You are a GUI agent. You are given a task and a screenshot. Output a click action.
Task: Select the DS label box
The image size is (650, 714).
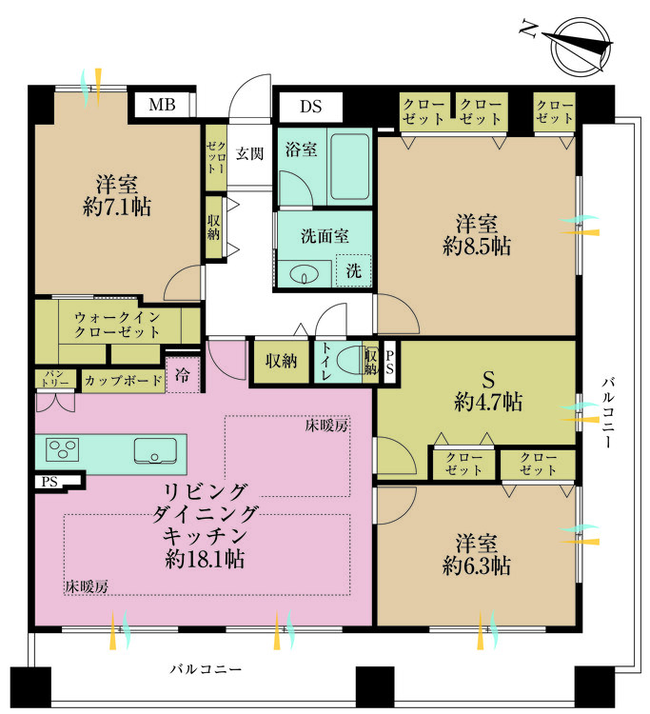311,107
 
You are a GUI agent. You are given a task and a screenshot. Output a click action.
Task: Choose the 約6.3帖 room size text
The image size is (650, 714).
476,566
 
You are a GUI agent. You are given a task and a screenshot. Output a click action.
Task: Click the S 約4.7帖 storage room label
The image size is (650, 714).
487,390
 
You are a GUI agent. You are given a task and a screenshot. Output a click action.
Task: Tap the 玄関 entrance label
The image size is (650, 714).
250,153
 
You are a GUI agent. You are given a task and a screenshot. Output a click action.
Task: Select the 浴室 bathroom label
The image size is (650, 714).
302,150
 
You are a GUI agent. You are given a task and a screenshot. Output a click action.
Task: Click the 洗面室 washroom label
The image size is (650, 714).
325,235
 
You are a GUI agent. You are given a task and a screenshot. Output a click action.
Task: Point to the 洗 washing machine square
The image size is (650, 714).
353,270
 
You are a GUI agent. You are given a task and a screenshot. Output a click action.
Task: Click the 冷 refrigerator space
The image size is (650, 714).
183,375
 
